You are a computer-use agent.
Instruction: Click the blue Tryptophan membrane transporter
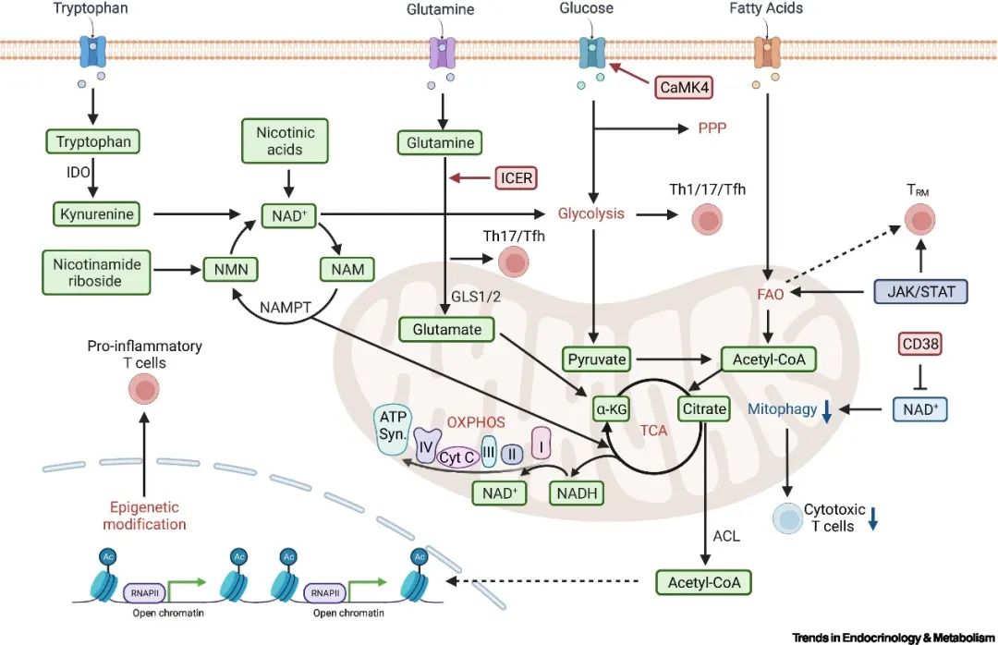(93, 50)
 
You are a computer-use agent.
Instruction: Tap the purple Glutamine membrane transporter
(441, 51)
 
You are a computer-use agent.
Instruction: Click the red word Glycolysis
(591, 213)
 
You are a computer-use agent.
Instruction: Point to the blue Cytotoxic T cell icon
(787, 519)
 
